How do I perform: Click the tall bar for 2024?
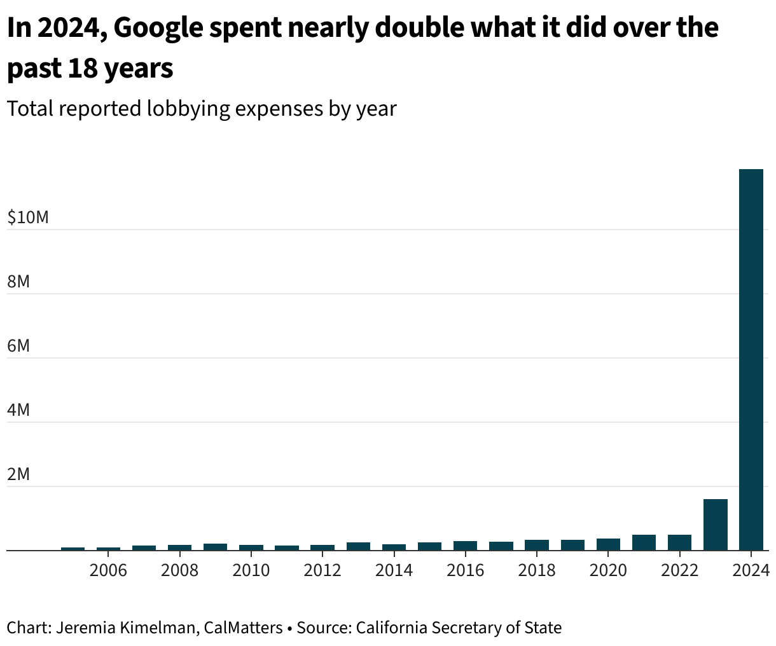751,359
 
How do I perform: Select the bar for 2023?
715,525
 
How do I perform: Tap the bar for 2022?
679,542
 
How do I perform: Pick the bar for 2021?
644,542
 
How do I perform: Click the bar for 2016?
465,546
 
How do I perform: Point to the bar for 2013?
358,546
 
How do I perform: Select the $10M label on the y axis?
28,217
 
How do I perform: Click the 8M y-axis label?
18,282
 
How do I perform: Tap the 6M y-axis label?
18,346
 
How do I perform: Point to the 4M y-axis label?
18,410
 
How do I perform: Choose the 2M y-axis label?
18,474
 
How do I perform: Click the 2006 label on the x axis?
108,570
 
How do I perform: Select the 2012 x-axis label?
322,570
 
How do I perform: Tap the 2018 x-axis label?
537,570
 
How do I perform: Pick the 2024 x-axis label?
751,570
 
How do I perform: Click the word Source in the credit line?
323,628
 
